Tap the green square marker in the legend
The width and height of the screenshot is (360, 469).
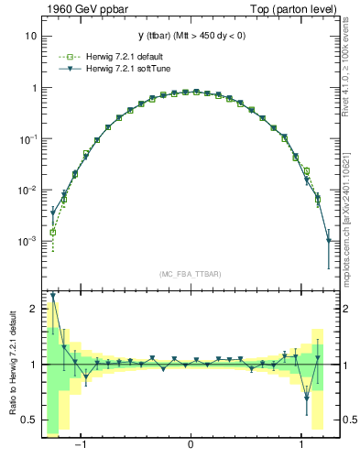coord(67,57)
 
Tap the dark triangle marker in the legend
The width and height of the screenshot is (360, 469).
coord(67,69)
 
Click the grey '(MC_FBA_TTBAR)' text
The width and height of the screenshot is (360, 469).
coord(191,274)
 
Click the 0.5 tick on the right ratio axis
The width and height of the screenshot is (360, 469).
coord(344,420)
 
